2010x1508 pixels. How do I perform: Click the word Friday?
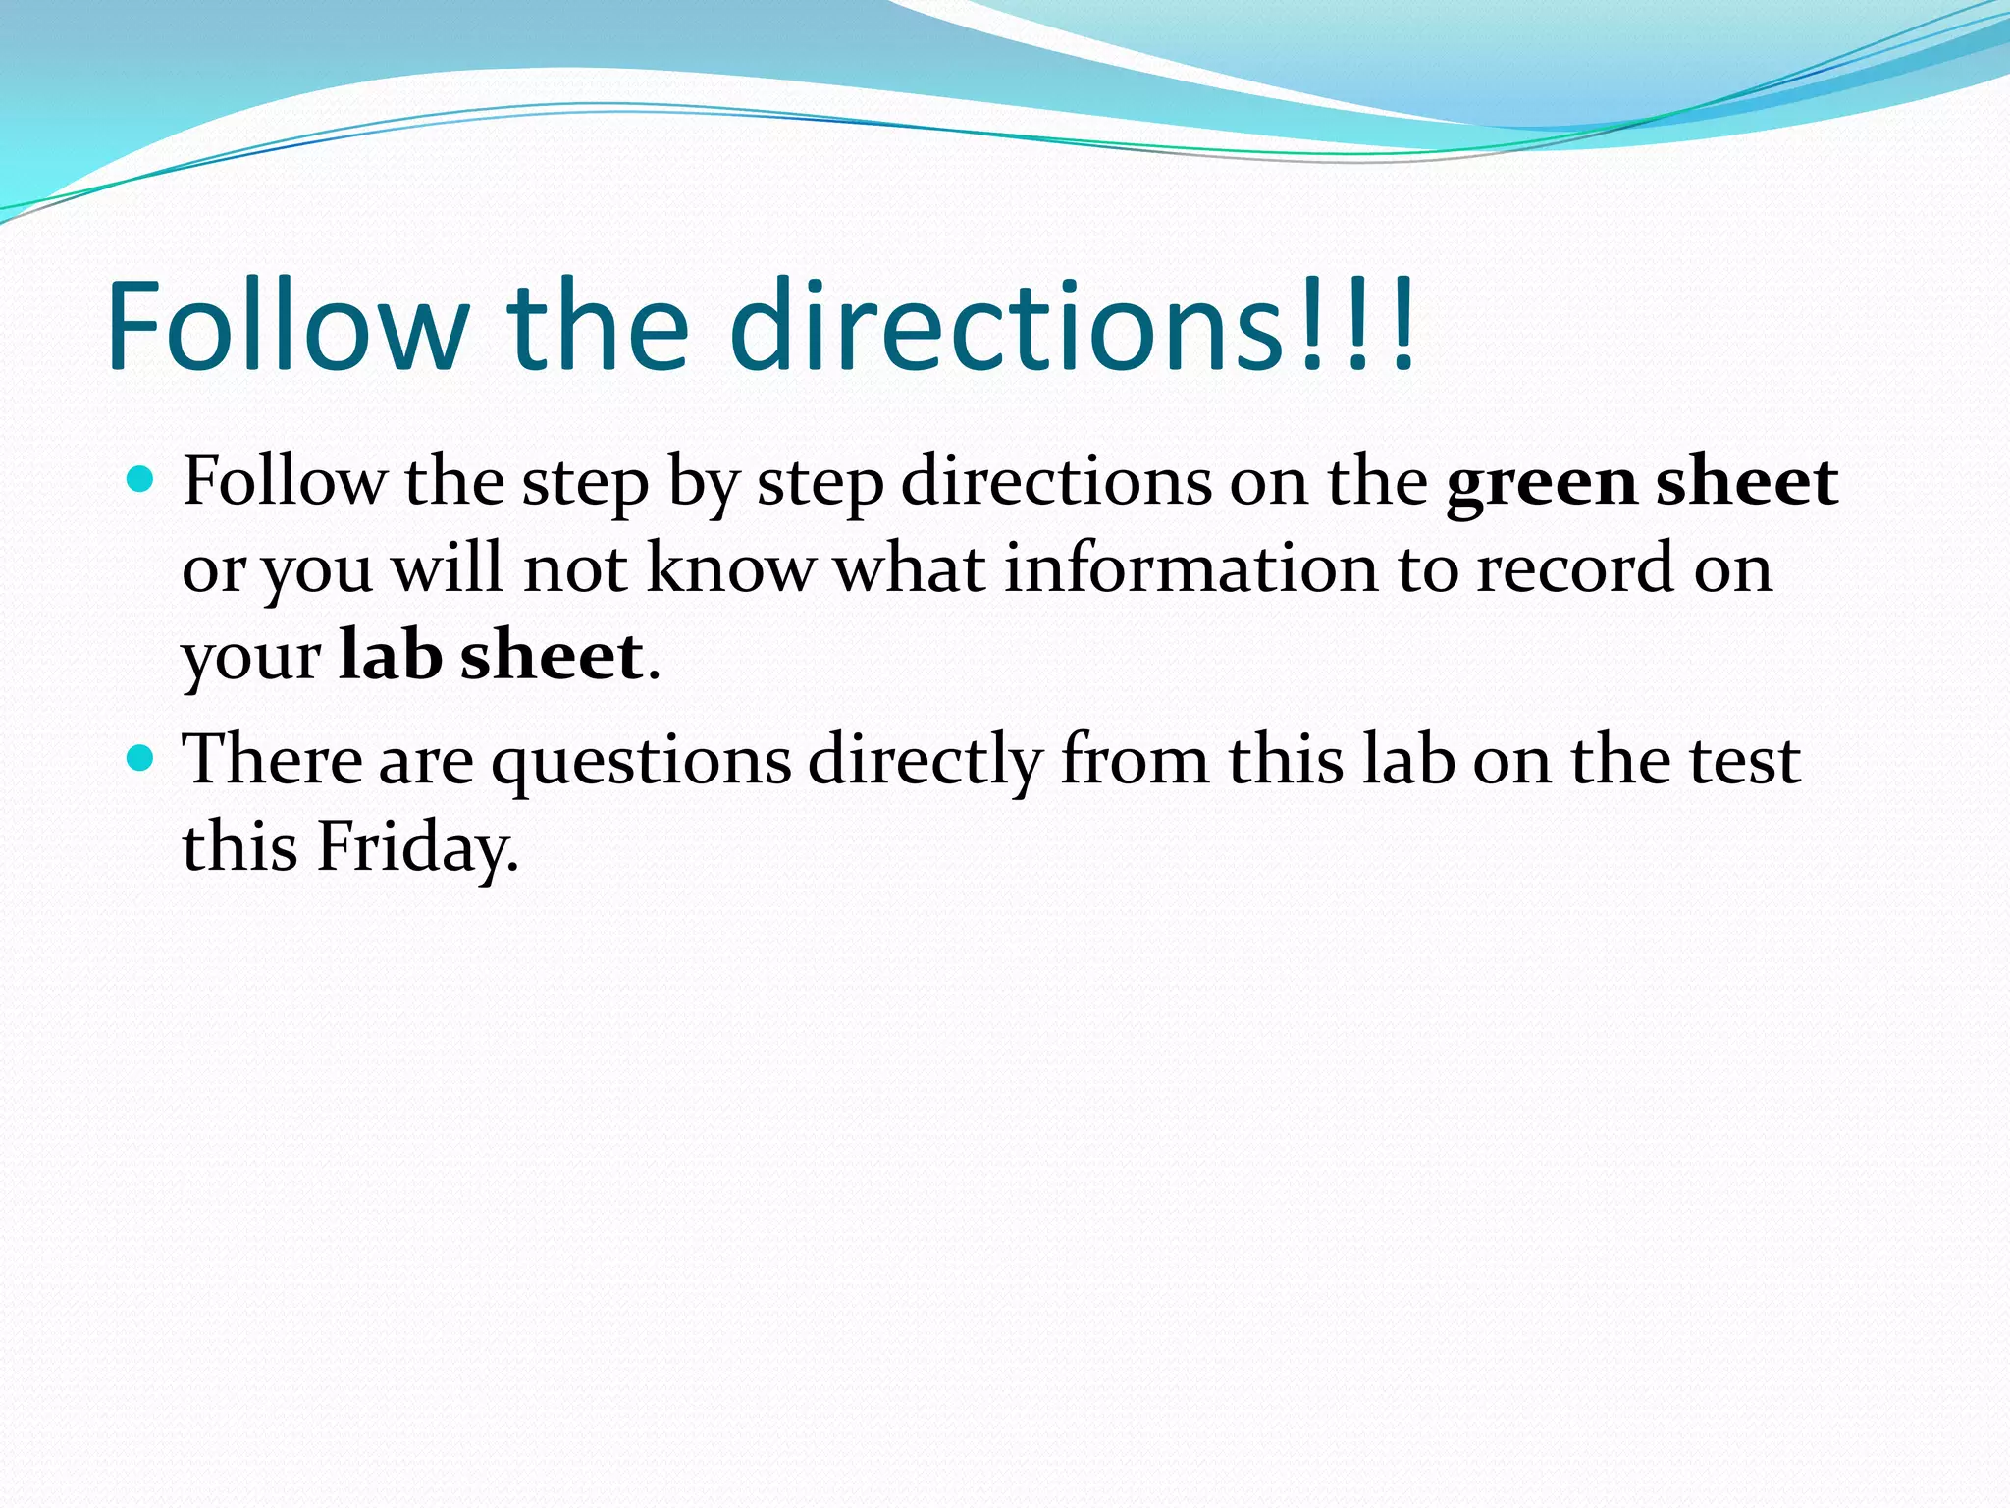tap(417, 846)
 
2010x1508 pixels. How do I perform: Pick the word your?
tap(251, 656)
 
